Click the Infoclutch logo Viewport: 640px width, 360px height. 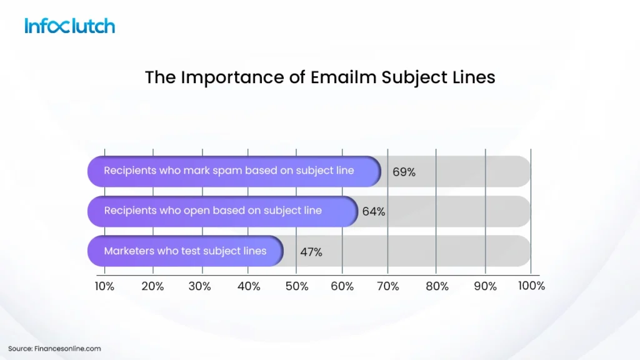(x=70, y=26)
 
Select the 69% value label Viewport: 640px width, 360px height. (x=404, y=172)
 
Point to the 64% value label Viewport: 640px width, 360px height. (x=374, y=212)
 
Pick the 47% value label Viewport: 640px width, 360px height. (x=311, y=252)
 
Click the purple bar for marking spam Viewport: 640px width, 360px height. (x=234, y=171)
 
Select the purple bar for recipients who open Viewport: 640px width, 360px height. (x=222, y=211)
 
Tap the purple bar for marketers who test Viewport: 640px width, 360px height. (x=185, y=251)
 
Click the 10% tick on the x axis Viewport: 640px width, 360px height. (x=104, y=286)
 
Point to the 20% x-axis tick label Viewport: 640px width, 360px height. (x=152, y=286)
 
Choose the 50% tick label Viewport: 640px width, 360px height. (x=296, y=286)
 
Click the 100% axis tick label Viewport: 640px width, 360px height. (x=531, y=286)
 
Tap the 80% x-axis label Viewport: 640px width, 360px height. (x=437, y=286)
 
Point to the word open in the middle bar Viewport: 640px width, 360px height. (x=196, y=211)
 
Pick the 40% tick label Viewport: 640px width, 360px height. (x=249, y=286)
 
